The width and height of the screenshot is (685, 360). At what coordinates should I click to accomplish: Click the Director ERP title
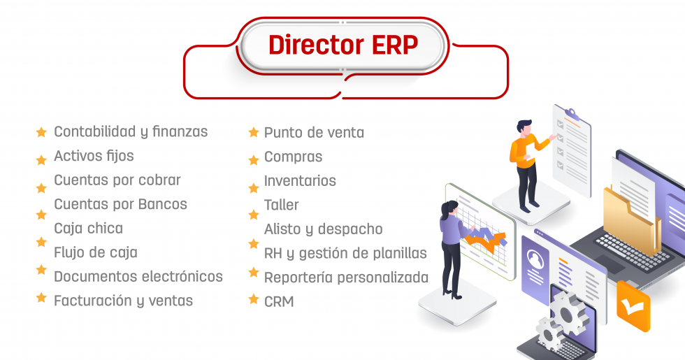(342, 45)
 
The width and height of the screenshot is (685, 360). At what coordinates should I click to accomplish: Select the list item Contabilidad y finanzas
(131, 131)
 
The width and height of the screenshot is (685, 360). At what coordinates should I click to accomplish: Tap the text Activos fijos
(94, 156)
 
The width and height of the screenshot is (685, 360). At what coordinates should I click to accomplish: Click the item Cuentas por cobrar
(117, 180)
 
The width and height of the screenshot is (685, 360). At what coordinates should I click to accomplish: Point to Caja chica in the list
(88, 229)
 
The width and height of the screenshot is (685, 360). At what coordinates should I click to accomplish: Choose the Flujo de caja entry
(96, 252)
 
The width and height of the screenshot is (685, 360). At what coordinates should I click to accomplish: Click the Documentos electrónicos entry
(138, 277)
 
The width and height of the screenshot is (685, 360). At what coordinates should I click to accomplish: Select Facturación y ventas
(123, 301)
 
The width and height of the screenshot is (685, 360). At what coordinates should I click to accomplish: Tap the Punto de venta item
(314, 132)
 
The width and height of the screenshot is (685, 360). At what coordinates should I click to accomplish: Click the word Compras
(293, 157)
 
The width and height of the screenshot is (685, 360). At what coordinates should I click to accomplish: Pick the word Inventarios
(300, 180)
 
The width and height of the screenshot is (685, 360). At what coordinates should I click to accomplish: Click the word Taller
(281, 205)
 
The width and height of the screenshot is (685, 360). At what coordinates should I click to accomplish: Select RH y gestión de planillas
(345, 253)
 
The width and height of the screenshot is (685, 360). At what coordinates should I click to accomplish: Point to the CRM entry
(279, 301)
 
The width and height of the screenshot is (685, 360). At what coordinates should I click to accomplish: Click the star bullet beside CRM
(254, 300)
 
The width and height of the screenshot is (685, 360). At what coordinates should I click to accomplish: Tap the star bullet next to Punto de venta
(254, 132)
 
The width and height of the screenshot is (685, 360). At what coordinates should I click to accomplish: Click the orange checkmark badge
(633, 305)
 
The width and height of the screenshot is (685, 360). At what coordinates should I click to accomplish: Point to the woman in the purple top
(452, 245)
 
